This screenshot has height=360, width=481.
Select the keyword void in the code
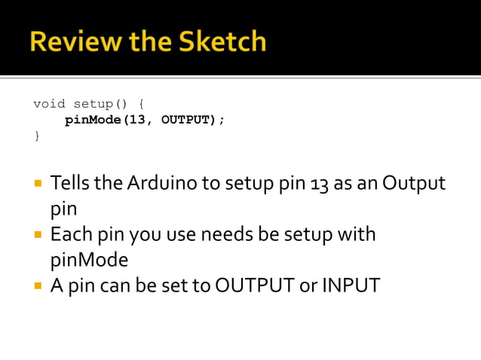[x=49, y=104]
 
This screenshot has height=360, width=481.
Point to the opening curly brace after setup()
[x=141, y=104]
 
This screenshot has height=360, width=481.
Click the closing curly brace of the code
[x=37, y=136]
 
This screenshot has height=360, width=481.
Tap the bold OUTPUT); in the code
[x=193, y=120]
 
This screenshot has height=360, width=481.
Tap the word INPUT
[x=351, y=286]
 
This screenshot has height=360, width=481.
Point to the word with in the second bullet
[x=357, y=234]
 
